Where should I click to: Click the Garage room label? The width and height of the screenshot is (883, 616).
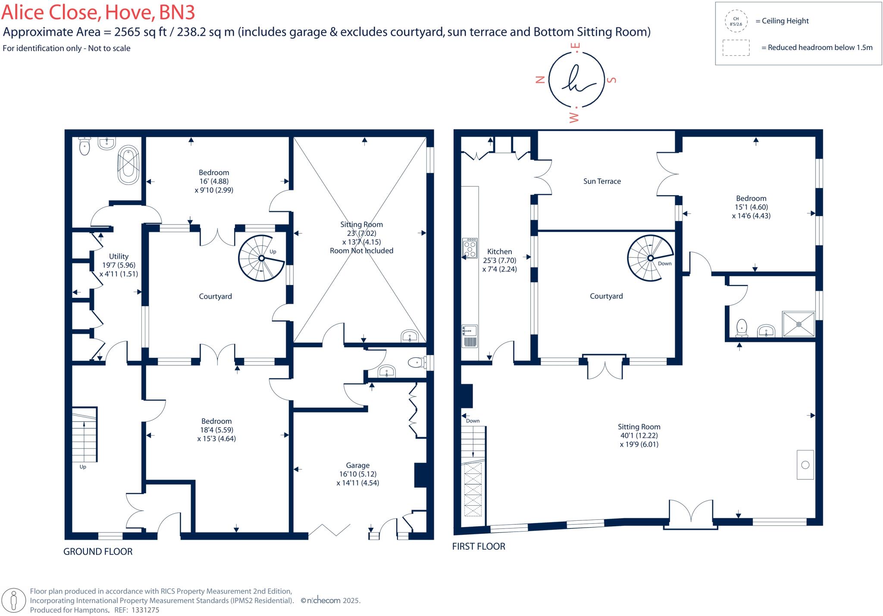point(357,466)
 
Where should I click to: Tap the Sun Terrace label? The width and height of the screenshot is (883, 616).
point(602,181)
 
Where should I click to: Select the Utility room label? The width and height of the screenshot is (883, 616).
point(119,256)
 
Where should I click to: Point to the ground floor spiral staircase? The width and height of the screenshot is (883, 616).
point(261,258)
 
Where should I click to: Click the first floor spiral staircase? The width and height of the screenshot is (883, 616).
point(650,258)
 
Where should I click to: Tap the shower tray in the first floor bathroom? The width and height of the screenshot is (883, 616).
point(798,324)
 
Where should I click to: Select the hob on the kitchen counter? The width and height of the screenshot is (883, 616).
point(470,248)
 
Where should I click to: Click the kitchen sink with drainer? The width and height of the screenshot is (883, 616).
point(470,336)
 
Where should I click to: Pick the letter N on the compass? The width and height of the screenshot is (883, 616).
point(540,79)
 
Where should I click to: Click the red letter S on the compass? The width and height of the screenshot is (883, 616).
point(611,80)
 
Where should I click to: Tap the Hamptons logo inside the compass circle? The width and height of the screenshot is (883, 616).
point(576,80)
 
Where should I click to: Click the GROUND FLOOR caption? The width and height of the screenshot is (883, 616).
point(98,552)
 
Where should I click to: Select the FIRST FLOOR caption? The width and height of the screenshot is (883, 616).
point(479,547)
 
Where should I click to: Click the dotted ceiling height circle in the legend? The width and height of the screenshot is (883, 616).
point(736,21)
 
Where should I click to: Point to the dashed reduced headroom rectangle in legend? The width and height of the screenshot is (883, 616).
point(736,47)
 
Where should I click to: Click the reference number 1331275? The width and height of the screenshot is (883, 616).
point(145,610)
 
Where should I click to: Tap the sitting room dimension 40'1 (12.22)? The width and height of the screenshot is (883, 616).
point(639,435)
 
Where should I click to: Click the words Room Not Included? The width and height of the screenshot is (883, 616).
point(361,251)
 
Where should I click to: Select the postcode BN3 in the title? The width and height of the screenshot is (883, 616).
point(177,13)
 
